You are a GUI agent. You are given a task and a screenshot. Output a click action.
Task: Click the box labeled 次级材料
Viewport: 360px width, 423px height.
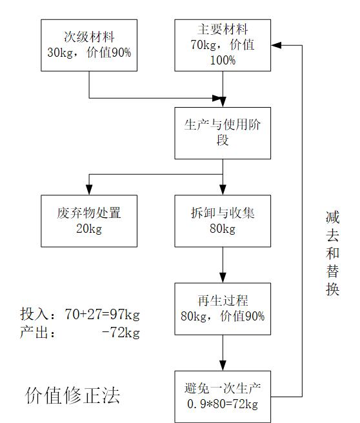[x=89, y=45]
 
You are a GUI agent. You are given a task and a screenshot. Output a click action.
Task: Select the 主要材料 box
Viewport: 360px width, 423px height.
[x=223, y=45]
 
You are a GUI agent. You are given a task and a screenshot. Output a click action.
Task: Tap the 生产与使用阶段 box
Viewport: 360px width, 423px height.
[x=223, y=133]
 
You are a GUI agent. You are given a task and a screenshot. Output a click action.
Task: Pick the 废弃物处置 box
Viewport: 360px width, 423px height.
[x=89, y=221]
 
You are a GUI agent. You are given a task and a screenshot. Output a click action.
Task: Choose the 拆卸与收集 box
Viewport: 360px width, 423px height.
[x=223, y=221]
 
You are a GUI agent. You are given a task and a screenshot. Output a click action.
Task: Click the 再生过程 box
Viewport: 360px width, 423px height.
[x=223, y=309]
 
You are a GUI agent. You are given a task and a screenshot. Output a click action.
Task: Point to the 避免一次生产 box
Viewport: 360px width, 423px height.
[x=223, y=397]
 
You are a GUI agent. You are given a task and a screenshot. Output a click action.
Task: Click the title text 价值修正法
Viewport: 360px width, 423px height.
[x=72, y=395]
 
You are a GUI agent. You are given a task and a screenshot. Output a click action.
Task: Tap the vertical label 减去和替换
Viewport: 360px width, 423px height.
[x=332, y=253]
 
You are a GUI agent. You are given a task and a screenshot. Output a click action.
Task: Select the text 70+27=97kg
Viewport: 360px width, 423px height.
[x=102, y=314]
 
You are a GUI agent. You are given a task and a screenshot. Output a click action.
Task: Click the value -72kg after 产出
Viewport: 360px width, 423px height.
[x=121, y=332]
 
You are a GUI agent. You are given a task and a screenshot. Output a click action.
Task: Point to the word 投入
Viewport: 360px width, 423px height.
[x=34, y=314]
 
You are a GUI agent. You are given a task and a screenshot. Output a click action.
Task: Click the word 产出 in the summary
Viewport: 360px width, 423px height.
[x=34, y=332]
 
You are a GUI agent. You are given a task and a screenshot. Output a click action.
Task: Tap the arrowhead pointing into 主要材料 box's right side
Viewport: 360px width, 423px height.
[x=276, y=45]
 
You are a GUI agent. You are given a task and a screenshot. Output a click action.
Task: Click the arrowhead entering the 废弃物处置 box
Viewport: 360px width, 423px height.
[x=89, y=190]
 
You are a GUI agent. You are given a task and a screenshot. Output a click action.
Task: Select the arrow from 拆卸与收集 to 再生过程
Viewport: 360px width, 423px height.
[x=223, y=265]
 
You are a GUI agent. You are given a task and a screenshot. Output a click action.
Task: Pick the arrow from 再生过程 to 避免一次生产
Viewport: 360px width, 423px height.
[x=223, y=353]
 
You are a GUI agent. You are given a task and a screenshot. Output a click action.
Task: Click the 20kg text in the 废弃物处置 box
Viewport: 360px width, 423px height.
[x=89, y=229]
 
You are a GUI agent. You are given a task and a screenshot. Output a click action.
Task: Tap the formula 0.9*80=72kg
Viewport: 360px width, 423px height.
[x=223, y=404]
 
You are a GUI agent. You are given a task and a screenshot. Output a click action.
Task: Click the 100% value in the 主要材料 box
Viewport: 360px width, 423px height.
[x=223, y=60]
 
